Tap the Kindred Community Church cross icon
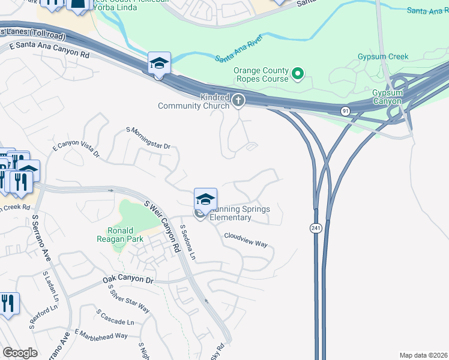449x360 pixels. click(x=239, y=100)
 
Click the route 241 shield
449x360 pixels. click(x=315, y=228)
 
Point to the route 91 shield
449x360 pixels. click(x=345, y=111)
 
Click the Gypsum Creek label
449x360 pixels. click(x=387, y=57)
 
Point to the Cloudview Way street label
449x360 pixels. click(x=246, y=240)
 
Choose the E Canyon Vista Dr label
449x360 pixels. click(x=76, y=152)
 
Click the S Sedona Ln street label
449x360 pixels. click(x=188, y=243)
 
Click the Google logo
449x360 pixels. click(x=20, y=353)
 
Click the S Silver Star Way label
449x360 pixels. click(x=129, y=298)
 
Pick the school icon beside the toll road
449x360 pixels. click(x=160, y=63)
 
